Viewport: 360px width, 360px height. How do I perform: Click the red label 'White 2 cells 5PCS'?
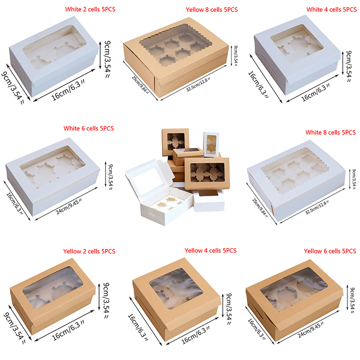point(90,9)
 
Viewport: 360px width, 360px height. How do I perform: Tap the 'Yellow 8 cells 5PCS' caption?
point(211,9)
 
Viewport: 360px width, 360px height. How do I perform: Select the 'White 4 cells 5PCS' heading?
point(332,9)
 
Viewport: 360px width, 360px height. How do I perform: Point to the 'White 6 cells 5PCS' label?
point(89,128)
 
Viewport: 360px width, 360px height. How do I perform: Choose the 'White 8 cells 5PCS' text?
point(330,132)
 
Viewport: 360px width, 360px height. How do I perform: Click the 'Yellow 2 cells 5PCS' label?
point(89,251)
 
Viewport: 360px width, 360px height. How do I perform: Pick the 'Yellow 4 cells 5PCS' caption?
point(211,250)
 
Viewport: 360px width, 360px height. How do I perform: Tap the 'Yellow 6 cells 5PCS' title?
point(330,251)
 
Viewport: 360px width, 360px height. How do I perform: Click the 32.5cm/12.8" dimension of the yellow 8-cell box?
point(198,85)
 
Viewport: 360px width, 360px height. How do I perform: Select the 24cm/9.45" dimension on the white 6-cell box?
point(69,207)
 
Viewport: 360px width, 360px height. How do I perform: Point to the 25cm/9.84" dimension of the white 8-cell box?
point(260,208)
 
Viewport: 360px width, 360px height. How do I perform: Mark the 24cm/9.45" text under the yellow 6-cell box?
point(311,330)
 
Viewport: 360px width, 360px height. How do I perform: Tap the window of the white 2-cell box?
point(54,47)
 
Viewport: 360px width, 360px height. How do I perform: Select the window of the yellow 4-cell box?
point(176,288)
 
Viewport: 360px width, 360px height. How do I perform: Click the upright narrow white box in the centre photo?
point(211,144)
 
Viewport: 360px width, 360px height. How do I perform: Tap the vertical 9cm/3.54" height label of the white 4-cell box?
point(349,66)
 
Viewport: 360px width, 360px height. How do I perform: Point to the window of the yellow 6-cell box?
point(294,289)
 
